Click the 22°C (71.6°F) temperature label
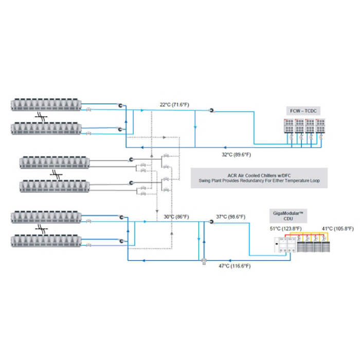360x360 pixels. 174,105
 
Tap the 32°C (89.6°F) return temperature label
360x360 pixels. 236,154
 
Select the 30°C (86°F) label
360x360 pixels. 176,217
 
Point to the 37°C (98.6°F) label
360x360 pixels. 230,217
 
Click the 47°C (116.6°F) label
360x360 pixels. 235,266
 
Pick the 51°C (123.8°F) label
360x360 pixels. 285,229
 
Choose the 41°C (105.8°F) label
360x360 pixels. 338,229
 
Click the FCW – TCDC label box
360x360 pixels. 303,111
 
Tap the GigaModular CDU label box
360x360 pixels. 288,216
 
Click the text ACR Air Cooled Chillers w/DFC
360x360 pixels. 259,175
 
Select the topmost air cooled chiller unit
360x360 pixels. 46,105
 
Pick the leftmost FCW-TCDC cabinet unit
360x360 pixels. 289,126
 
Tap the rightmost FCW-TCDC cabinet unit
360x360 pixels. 320,126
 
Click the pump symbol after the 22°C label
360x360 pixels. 211,111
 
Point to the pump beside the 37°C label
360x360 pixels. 211,222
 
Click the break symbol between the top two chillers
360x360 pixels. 41,117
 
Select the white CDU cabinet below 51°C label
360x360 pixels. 285,245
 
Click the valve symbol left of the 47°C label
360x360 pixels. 204,261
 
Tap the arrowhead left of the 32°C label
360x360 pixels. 225,148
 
